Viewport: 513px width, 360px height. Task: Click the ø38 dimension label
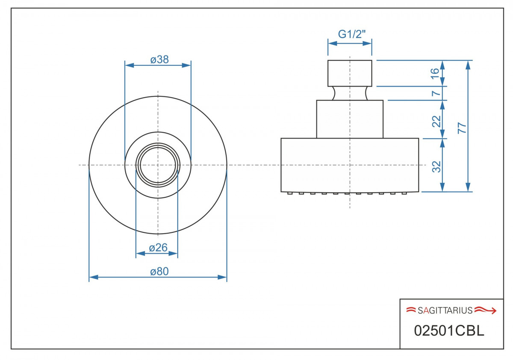click(159, 60)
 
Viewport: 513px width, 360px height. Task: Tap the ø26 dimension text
click(157, 247)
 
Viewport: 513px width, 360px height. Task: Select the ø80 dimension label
click(159, 272)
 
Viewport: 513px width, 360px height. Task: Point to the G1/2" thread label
click(350, 35)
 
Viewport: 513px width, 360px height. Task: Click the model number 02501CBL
click(449, 331)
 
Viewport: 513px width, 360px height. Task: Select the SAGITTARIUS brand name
click(445, 310)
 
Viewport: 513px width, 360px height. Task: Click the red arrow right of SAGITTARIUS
click(486, 310)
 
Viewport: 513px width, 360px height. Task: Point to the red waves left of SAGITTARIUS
click(411, 310)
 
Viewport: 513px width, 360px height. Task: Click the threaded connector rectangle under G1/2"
click(350, 73)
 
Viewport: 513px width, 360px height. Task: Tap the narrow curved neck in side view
click(350, 93)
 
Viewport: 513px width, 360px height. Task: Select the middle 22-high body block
click(350, 119)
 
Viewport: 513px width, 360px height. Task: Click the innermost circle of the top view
click(158, 165)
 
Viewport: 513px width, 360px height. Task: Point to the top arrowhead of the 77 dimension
click(468, 64)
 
